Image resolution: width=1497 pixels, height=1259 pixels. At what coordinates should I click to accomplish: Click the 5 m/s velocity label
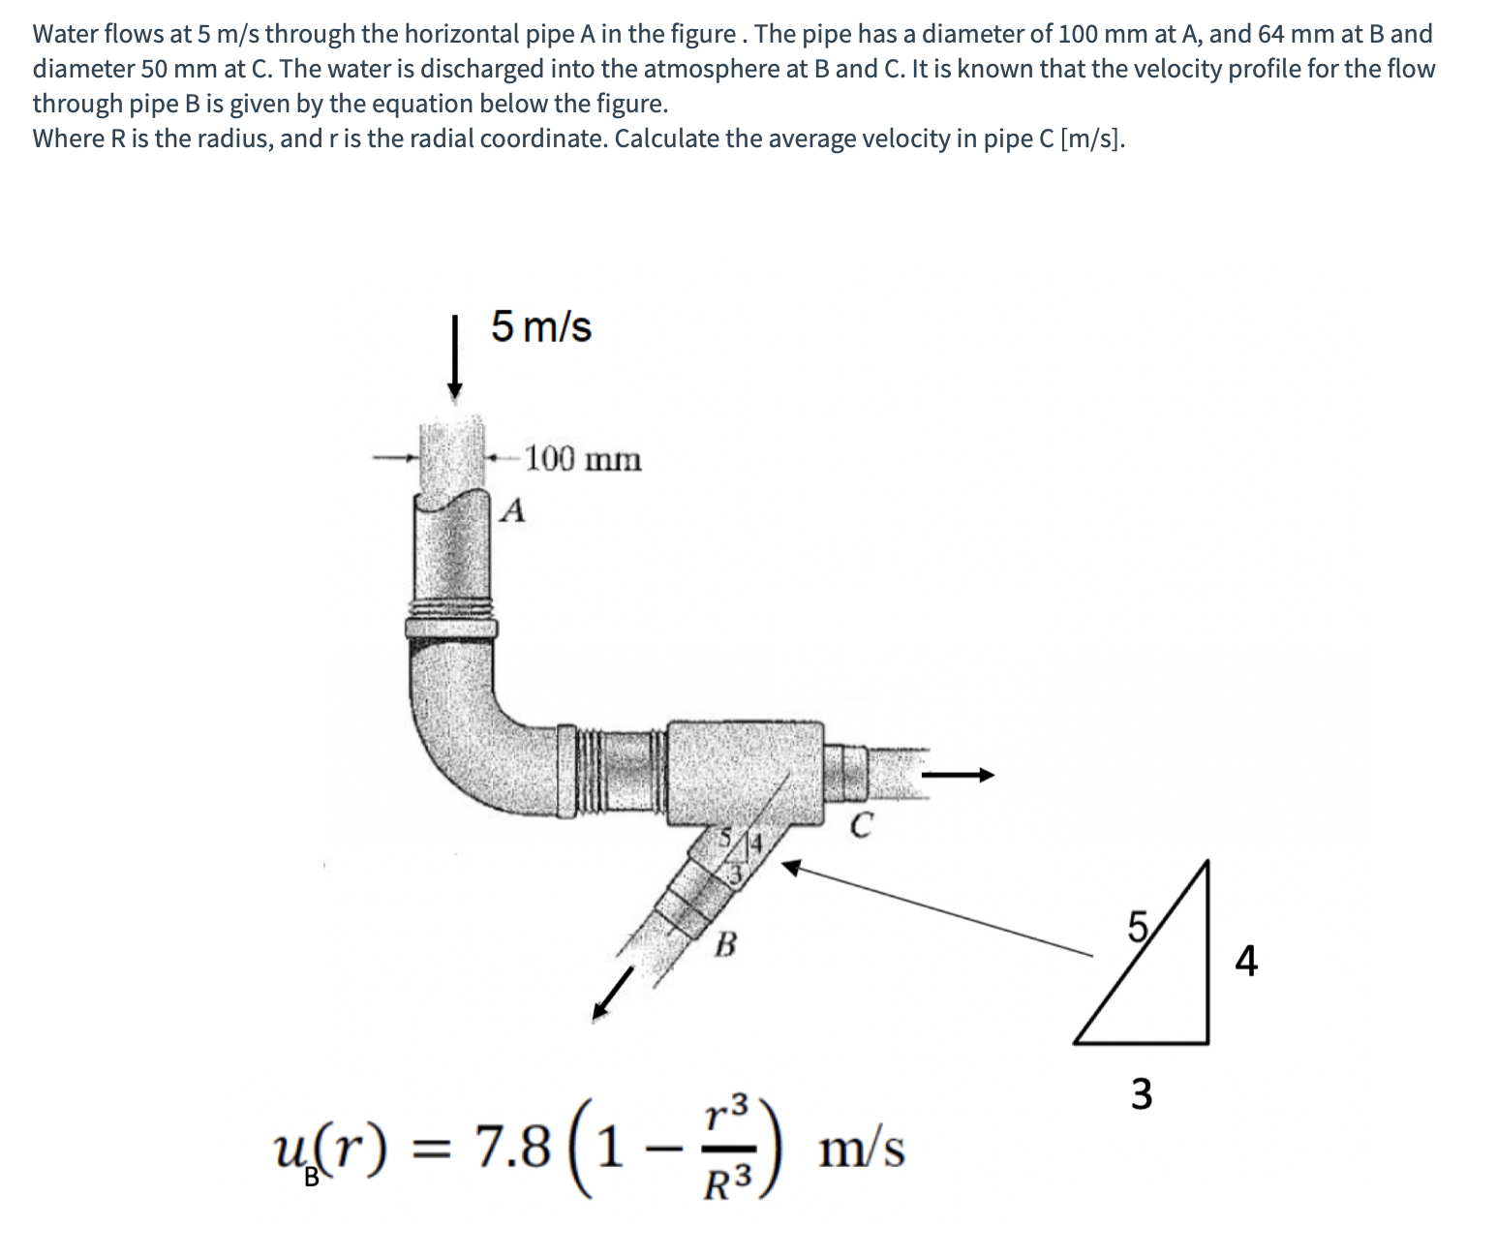[540, 326]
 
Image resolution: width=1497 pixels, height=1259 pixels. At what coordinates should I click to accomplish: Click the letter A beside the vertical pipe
[516, 510]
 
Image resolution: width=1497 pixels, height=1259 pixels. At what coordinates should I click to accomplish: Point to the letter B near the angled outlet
[724, 942]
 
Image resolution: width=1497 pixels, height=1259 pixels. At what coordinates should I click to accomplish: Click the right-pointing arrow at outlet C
[959, 774]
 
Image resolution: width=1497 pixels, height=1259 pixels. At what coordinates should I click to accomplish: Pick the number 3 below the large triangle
[1142, 1094]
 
